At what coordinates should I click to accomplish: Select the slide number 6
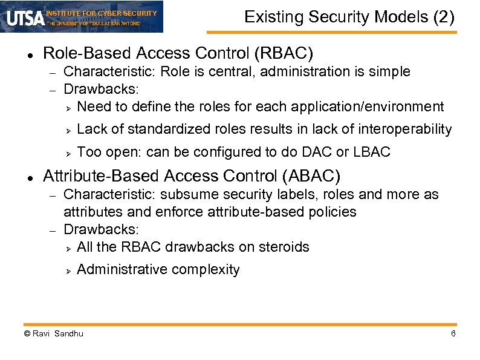[453, 334]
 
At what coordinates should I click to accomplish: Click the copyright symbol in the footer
[27, 334]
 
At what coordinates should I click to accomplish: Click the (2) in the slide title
[444, 18]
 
